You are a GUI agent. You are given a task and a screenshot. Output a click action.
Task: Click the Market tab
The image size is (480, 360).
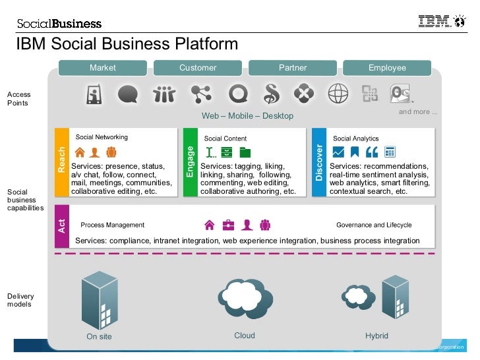point(102,68)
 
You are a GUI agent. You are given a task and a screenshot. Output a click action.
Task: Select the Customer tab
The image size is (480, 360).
point(197,68)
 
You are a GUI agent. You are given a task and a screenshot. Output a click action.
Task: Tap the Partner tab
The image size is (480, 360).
point(292,68)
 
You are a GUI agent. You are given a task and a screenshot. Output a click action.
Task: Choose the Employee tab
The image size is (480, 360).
point(387,68)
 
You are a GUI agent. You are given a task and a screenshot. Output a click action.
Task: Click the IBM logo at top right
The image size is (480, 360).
point(435,22)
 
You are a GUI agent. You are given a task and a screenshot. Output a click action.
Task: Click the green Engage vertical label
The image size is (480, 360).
point(190,162)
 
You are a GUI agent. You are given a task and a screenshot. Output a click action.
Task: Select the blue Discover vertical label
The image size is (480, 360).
point(319,162)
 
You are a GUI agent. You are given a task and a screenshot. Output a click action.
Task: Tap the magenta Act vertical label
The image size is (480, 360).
point(62,226)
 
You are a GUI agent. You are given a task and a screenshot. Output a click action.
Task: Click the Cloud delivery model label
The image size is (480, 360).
point(245,336)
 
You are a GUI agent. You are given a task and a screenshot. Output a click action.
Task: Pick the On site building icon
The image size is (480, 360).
point(99,300)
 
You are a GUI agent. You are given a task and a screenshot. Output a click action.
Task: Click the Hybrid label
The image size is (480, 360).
point(376,336)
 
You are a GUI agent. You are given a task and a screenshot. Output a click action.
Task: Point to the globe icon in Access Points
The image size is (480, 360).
point(338,94)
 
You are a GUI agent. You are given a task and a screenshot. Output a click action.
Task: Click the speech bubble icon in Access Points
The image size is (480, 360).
point(128,94)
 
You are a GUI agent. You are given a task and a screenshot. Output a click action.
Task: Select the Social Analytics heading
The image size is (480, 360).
point(356,138)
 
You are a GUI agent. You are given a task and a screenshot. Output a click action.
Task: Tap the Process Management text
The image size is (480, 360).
point(112,225)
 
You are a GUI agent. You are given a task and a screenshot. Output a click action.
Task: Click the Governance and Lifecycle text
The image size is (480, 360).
point(374,225)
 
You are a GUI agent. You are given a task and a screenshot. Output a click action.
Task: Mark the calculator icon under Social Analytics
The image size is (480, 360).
point(390,152)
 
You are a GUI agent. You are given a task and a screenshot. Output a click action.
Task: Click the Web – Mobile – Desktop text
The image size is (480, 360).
point(247,116)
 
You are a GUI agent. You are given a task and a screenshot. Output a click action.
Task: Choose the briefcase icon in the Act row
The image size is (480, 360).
point(228,225)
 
